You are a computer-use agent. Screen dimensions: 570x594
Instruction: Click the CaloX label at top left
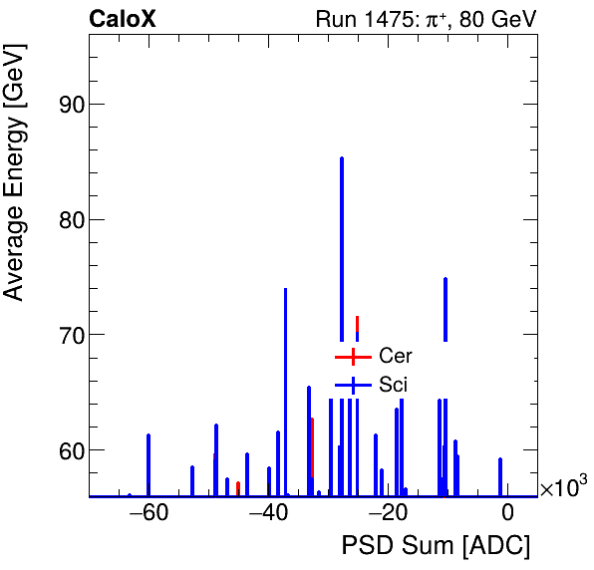click(x=123, y=19)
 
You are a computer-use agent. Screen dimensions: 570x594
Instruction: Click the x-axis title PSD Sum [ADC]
click(x=436, y=545)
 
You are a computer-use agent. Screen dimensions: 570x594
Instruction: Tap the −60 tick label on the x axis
click(x=148, y=514)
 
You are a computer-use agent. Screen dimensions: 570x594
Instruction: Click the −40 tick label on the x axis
click(x=268, y=514)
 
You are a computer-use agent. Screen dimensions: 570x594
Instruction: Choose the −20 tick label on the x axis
click(x=388, y=514)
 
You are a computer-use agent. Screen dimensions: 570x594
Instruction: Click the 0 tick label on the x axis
click(x=507, y=514)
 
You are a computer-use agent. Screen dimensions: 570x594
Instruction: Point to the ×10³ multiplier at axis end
click(x=563, y=487)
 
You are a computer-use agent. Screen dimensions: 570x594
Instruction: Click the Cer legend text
click(x=396, y=356)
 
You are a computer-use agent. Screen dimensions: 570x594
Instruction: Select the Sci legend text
click(x=394, y=385)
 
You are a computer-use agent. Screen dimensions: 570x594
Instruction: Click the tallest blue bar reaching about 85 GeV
click(x=342, y=249)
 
